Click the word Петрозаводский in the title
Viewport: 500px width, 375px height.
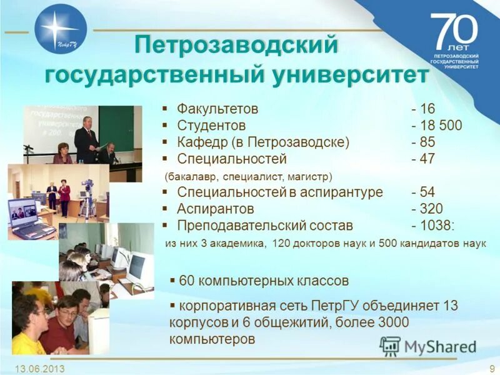[x=236, y=46]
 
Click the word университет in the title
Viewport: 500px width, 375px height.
[x=350, y=75]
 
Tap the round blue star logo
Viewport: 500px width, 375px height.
[x=61, y=29]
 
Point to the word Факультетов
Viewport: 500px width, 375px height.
[x=217, y=109]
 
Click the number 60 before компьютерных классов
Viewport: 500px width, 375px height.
[x=187, y=281]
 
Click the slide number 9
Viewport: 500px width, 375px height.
[x=492, y=368]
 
